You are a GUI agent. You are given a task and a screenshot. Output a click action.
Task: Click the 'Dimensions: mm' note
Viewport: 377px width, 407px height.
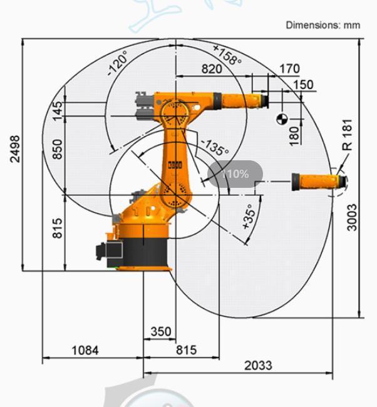coord(323,25)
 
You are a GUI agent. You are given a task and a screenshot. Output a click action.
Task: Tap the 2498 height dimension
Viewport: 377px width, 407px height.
coord(14,148)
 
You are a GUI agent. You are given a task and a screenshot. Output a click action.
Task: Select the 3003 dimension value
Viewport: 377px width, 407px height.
coord(353,217)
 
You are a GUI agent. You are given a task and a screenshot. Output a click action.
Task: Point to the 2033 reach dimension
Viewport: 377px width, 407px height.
coord(258,365)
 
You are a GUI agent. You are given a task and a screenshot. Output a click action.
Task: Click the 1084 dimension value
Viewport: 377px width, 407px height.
coord(85,350)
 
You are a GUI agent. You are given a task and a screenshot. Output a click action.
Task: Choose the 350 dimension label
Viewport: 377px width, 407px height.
coord(161,331)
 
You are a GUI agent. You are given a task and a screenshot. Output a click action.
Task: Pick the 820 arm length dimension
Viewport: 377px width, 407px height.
coord(212,69)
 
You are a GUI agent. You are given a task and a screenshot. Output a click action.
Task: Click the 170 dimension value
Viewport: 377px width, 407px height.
coord(289,68)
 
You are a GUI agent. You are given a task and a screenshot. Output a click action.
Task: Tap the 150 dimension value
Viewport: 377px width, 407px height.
coord(302,85)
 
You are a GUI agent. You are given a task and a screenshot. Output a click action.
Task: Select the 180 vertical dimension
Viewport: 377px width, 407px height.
coord(294,135)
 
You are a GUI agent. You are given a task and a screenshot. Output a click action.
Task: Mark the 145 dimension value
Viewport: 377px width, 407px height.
coord(58,111)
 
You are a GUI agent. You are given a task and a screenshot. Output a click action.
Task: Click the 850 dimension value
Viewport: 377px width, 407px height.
coord(58,148)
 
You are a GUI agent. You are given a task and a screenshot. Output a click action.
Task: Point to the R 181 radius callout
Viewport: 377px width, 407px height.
coord(348,135)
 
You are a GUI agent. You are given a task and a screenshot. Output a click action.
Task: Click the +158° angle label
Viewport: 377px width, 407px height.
coord(227,54)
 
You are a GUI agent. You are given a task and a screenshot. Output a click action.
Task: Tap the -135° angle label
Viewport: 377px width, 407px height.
coord(214,148)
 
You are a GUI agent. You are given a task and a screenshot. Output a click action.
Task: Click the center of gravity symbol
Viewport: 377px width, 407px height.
coord(281,118)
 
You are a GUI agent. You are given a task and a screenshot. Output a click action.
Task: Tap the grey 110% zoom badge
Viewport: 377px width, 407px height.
coord(235,174)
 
